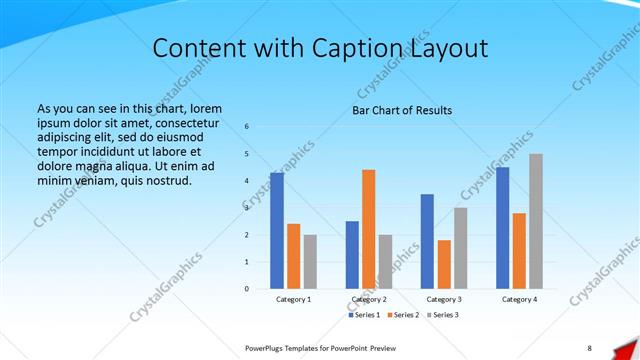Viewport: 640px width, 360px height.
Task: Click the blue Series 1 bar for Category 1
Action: tap(277, 230)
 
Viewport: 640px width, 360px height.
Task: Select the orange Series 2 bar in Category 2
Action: tap(369, 229)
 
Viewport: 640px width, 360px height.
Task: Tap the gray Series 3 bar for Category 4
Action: tap(536, 221)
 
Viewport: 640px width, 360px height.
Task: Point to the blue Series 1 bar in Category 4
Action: tap(502, 228)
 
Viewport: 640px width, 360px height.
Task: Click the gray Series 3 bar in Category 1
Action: tap(310, 262)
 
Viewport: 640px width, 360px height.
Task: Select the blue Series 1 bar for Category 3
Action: tap(427, 241)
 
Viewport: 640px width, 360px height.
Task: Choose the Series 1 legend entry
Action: tap(364, 315)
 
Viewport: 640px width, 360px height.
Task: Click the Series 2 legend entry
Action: tap(402, 315)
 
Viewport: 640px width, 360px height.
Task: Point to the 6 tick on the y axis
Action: tap(247, 126)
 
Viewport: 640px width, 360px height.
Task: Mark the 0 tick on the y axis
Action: tap(247, 289)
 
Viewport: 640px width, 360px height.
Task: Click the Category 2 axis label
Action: tap(369, 299)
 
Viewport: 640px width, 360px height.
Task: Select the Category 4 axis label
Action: tap(519, 299)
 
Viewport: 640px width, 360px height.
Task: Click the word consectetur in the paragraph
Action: tap(181, 122)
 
